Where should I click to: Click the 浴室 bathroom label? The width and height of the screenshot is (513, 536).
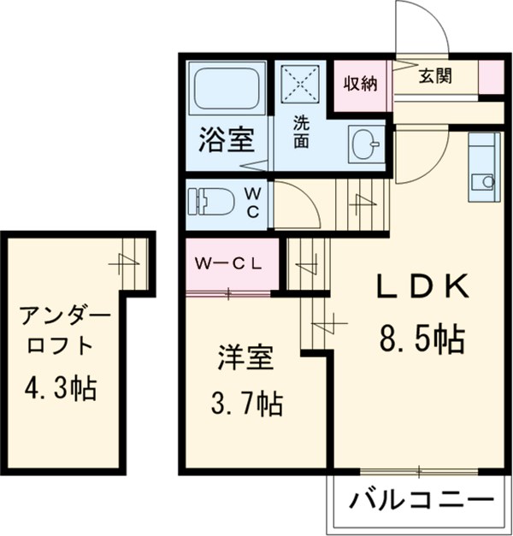coord(226,140)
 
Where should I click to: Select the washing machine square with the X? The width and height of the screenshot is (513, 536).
coord(300,84)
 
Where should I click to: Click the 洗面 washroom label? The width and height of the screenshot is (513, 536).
coord(302,133)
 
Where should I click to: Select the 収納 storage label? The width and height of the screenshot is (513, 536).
coord(361,83)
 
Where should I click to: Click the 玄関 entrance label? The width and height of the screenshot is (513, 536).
coord(436,74)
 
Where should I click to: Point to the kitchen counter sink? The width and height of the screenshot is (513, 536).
coord(485,181)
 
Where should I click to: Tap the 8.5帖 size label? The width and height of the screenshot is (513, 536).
coord(422,339)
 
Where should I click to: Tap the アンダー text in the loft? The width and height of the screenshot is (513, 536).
coord(67,318)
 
